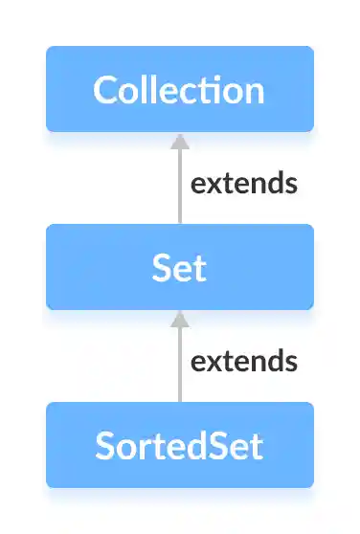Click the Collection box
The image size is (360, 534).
coord(180,89)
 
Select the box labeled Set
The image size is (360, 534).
coord(180,267)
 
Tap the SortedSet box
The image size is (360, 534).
coord(180,445)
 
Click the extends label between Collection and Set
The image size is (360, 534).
coord(243,183)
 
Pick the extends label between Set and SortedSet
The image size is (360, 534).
coord(243,361)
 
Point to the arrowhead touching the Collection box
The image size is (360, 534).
coord(179,140)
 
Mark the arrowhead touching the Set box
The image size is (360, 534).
coord(179,318)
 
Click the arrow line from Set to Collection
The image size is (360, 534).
coord(179,187)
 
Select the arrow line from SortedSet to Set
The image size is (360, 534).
coord(179,365)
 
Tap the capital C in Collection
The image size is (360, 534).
coord(105,90)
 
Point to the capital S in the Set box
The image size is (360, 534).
coord(161,268)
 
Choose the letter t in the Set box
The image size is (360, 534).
coord(199,268)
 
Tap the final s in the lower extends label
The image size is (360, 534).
coord(290,363)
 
